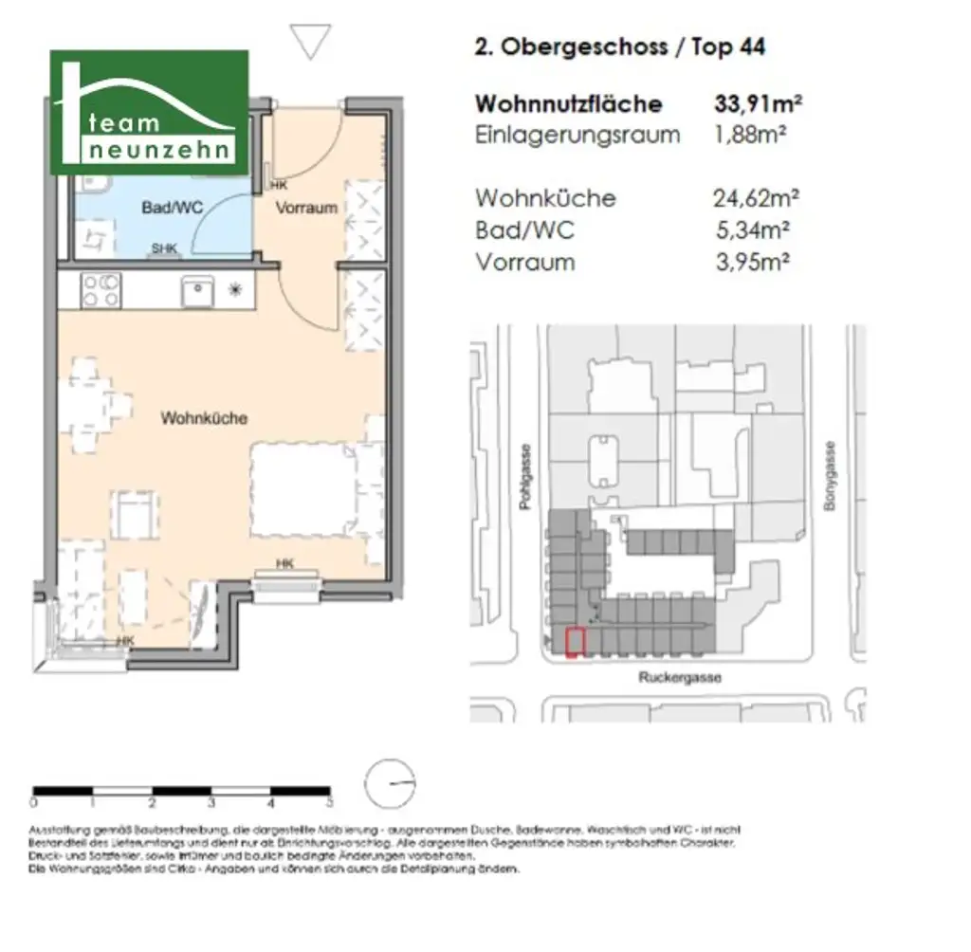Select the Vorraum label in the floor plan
tap(306, 208)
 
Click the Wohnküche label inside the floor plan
tap(204, 417)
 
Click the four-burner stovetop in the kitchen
tap(101, 289)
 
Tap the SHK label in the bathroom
tap(164, 249)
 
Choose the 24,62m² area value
tap(756, 198)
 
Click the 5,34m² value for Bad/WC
tap(754, 229)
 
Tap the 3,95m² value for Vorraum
tap(754, 262)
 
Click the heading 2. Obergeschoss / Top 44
tap(619, 46)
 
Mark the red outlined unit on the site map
tap(575, 643)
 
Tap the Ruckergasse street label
tap(679, 678)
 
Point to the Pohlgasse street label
tap(526, 479)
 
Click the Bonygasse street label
tap(830, 478)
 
